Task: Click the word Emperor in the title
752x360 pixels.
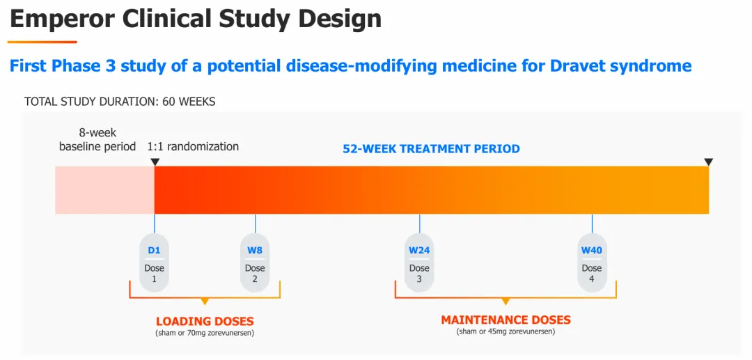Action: click(61, 19)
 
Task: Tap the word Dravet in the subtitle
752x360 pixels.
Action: click(579, 66)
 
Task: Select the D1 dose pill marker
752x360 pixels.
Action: click(154, 263)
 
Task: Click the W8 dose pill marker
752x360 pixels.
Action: click(255, 263)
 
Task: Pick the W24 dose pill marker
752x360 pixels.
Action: click(419, 263)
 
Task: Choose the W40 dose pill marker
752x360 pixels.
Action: click(592, 263)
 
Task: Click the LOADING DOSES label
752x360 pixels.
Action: click(205, 322)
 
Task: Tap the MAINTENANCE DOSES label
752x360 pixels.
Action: click(506, 320)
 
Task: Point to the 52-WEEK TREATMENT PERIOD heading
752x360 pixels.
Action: click(431, 148)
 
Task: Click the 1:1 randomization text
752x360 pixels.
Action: click(193, 146)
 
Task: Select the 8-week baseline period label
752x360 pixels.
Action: click(97, 139)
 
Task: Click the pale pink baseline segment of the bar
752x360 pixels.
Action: click(104, 190)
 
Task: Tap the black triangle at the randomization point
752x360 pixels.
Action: click(155, 162)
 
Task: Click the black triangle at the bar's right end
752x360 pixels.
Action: click(708, 162)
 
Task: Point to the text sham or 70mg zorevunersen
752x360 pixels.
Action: click(205, 334)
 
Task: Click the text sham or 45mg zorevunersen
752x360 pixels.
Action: click(506, 331)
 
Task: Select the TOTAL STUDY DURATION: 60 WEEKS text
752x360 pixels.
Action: click(120, 102)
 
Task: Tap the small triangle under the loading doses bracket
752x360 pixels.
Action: click(205, 302)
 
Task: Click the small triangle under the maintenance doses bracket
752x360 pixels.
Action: click(506, 302)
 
